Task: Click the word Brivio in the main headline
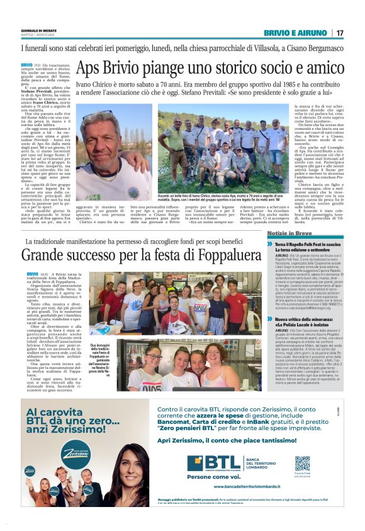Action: click(130, 68)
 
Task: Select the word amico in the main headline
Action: click(320, 68)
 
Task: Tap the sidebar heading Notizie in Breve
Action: click(296, 233)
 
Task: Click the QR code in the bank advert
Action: click(302, 464)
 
